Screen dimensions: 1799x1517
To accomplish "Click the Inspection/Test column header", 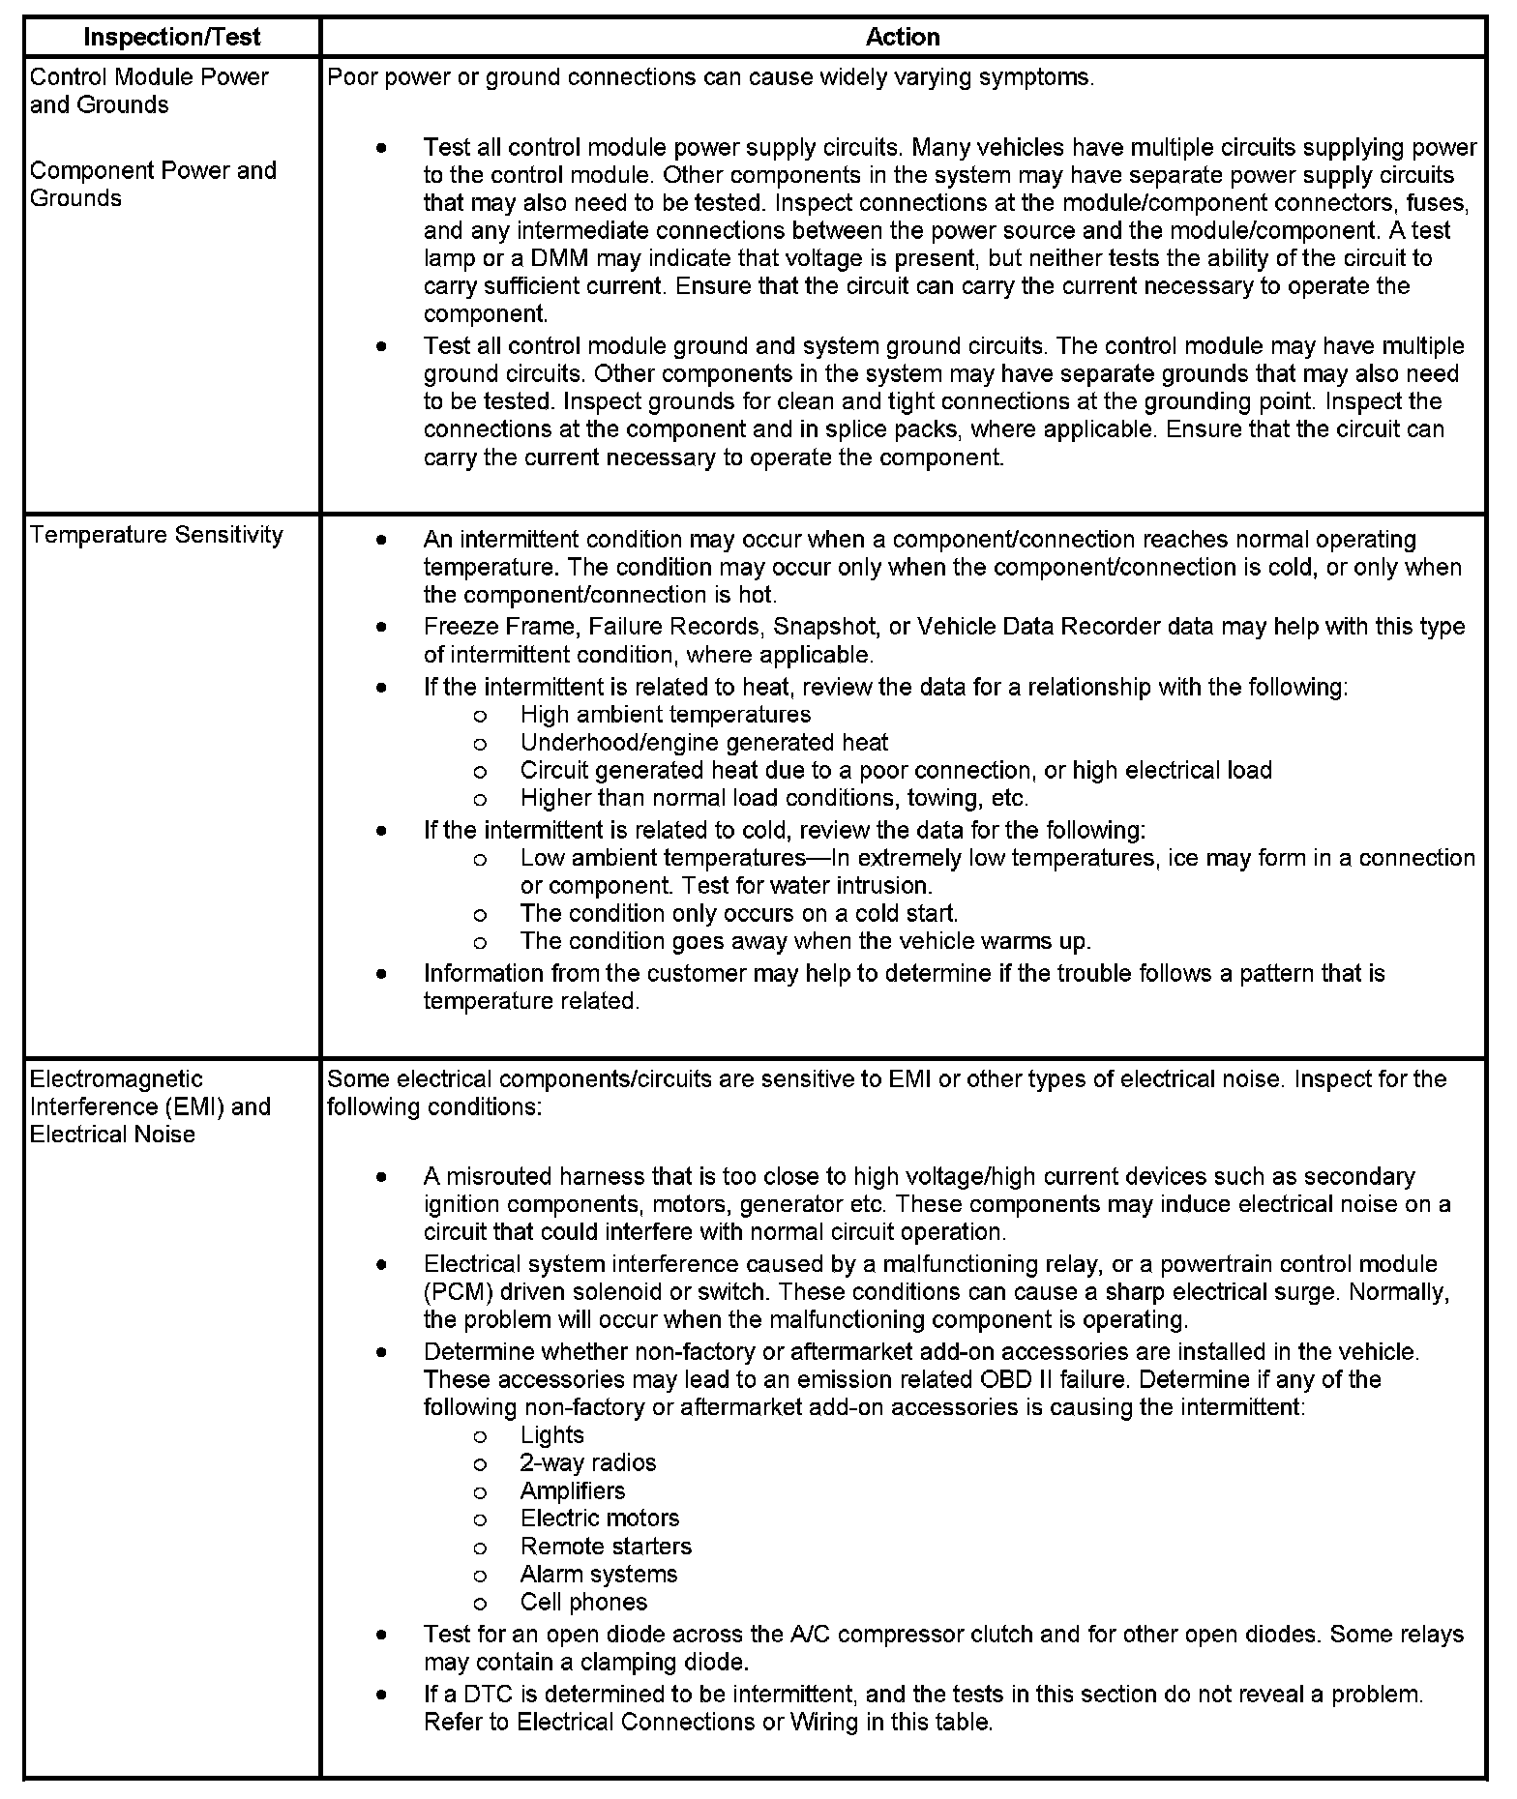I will (x=172, y=38).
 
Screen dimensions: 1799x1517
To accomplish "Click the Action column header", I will (x=902, y=38).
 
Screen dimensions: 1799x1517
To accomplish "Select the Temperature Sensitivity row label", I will (x=157, y=535).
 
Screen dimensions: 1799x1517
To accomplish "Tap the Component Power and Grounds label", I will (x=153, y=184).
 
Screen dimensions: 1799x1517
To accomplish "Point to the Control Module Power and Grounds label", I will (x=149, y=90).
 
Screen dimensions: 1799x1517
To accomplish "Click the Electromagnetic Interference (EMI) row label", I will (x=150, y=1106).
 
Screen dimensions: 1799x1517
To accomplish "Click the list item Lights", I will (x=551, y=1434).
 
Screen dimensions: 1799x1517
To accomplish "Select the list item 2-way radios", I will (x=587, y=1462).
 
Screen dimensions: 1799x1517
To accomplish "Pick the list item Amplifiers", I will (x=572, y=1490).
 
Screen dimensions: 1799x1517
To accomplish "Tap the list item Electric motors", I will (x=599, y=1518).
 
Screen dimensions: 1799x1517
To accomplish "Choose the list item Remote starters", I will (x=606, y=1546).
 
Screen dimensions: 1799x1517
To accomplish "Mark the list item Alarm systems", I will (x=598, y=1574).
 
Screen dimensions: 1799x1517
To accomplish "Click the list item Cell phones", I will (x=583, y=1602).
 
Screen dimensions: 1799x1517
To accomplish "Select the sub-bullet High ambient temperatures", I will (x=665, y=714).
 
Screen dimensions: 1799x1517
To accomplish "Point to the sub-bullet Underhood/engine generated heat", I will (x=703, y=742).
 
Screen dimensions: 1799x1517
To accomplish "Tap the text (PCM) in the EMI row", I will (x=454, y=1291).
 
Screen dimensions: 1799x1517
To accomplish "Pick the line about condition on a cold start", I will (x=738, y=913).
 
